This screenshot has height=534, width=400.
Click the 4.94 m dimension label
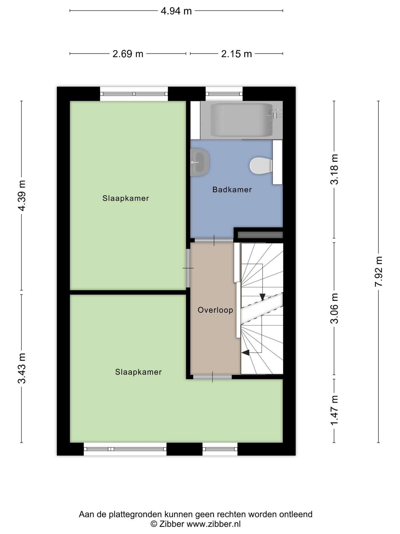click(176, 11)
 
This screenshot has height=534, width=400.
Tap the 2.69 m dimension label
click(128, 54)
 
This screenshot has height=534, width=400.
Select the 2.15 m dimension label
click(236, 54)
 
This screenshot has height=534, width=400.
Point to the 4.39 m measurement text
click(22, 196)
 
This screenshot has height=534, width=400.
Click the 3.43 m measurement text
click(22, 368)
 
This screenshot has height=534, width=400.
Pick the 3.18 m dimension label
click(334, 169)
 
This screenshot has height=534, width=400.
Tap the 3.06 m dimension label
click(334, 308)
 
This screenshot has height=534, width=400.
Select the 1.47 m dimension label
click(334, 411)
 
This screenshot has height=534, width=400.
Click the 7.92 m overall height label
click(379, 271)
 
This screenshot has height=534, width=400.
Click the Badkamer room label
click(232, 190)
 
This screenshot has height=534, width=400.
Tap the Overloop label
click(215, 310)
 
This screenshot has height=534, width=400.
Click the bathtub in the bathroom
click(241, 120)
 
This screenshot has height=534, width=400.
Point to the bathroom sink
click(199, 162)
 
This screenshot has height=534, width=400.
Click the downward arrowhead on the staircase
click(262, 297)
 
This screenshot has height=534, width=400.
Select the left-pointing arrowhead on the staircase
click(246, 353)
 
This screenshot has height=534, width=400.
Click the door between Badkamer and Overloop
click(214, 240)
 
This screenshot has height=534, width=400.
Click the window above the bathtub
click(224, 94)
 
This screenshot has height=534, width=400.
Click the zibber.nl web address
click(213, 524)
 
